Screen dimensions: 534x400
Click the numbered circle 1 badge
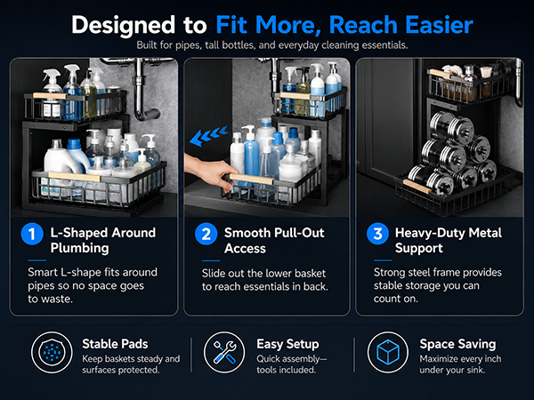[32, 234]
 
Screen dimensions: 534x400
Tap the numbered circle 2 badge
[206, 234]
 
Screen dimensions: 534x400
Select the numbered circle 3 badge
[377, 234]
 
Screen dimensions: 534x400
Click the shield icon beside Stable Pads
[52, 352]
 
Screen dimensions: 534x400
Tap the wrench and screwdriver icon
[224, 352]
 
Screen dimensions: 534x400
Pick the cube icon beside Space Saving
[388, 352]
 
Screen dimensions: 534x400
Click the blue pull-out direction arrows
[208, 136]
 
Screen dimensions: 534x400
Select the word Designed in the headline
[123, 26]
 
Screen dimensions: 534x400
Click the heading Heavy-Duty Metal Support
[449, 240]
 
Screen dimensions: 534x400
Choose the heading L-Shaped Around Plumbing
[103, 240]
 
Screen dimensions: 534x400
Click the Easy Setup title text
[287, 344]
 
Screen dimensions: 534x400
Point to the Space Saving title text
[457, 344]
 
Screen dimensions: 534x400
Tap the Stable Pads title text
[115, 344]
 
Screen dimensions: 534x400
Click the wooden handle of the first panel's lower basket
[75, 177]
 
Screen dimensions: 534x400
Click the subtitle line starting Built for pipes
[272, 45]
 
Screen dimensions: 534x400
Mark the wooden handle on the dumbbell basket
[417, 187]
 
